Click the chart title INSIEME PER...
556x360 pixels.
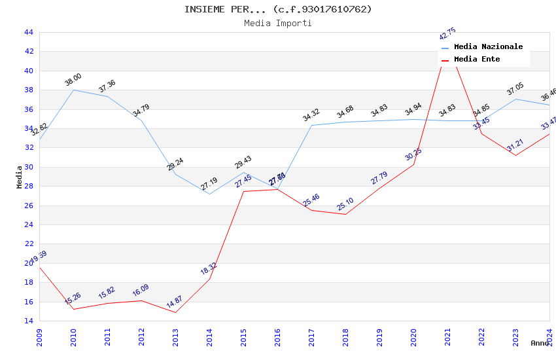(x=277, y=9)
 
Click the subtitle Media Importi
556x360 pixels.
(x=277, y=23)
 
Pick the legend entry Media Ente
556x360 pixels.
(x=477, y=60)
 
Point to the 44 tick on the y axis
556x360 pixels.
(x=28, y=32)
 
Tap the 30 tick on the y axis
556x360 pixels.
(x=28, y=167)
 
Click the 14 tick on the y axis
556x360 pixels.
(x=28, y=321)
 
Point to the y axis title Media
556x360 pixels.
(x=20, y=177)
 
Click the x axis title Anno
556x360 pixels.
(x=540, y=343)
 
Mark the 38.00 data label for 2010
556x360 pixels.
(x=73, y=80)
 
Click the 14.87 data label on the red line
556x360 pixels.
(x=174, y=302)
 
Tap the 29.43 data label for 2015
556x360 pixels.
(x=243, y=162)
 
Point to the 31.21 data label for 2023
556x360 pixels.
(x=515, y=145)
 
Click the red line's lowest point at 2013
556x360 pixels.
(x=175, y=312)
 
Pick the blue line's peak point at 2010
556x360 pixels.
(x=73, y=90)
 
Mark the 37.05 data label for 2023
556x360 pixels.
(x=515, y=89)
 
